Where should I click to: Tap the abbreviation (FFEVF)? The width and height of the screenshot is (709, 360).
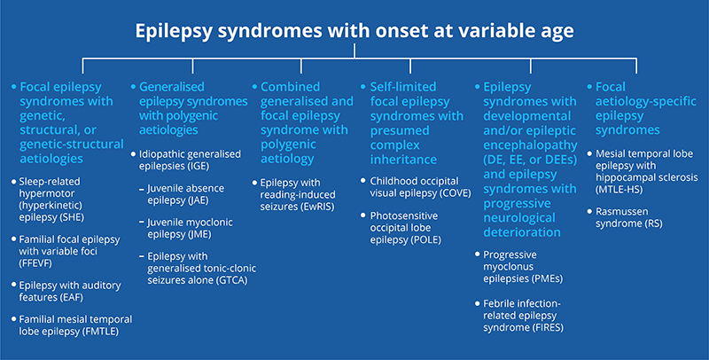point(35,263)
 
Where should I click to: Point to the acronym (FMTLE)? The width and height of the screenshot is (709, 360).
point(100,332)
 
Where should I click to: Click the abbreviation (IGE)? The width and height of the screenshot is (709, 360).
point(199,166)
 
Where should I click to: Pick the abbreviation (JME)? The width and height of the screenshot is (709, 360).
point(199,234)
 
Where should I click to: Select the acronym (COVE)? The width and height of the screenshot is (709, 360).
point(455,193)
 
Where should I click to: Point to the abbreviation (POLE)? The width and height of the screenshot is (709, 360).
point(425,239)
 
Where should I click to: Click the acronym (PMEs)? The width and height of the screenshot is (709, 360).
point(547,278)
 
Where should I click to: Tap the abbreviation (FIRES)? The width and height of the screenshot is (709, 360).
point(547,327)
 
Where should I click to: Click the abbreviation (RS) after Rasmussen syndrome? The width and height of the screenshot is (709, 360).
point(654,223)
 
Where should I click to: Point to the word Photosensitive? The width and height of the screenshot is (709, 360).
point(404,215)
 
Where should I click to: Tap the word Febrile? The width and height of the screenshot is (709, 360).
point(500,303)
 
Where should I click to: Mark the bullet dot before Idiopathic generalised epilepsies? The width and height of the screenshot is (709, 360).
point(134,154)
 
